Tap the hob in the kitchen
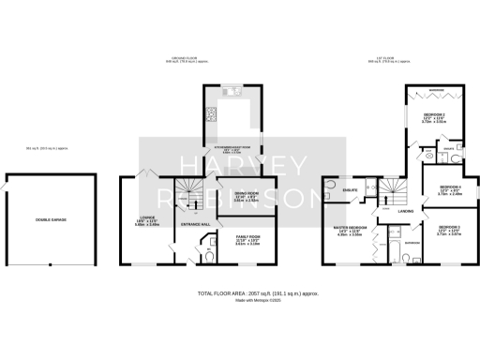[x=210, y=117]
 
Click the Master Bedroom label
[x=348, y=231]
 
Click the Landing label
[x=405, y=211]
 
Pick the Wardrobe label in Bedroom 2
[x=437, y=91]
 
